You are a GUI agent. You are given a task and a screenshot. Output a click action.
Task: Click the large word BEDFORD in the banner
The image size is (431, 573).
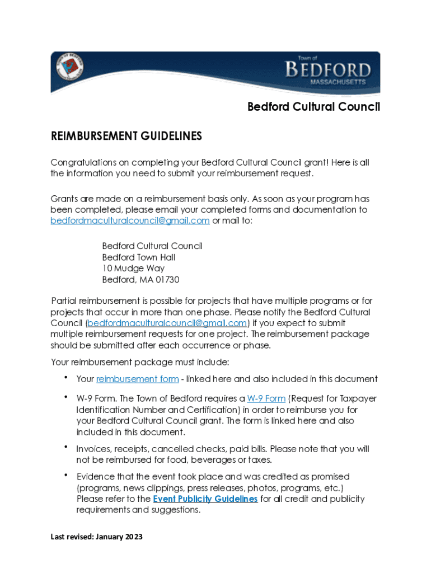pyautogui.click(x=328, y=70)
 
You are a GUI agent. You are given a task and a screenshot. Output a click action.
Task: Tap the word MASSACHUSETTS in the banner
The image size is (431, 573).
pyautogui.click(x=338, y=82)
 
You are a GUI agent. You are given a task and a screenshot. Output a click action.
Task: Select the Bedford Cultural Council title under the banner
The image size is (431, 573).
pyautogui.click(x=313, y=106)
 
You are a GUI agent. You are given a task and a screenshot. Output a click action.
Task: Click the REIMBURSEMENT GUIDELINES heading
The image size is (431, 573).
pyautogui.click(x=126, y=136)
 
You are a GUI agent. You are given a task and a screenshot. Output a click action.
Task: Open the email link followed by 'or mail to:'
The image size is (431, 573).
pyautogui.click(x=130, y=221)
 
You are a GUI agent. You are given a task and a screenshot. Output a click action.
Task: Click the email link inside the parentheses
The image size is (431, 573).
pyautogui.click(x=167, y=323)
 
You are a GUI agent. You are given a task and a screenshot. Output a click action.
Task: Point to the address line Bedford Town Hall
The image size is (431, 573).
pyautogui.click(x=138, y=257)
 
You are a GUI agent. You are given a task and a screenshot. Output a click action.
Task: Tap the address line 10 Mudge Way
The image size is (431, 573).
pyautogui.click(x=133, y=269)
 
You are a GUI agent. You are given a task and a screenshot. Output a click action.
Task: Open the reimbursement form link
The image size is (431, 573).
pyautogui.click(x=138, y=379)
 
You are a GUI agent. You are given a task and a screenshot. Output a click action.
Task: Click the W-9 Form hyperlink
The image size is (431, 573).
pyautogui.click(x=266, y=399)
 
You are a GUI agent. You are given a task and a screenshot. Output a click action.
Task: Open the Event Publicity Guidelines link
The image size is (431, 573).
pyautogui.click(x=205, y=499)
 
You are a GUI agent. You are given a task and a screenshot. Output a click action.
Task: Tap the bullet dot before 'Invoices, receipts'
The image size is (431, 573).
pyautogui.click(x=66, y=447)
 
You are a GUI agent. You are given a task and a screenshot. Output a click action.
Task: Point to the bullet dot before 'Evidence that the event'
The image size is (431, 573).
pyautogui.click(x=66, y=475)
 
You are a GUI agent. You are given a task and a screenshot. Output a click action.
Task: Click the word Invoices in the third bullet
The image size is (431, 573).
pyautogui.click(x=93, y=449)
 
